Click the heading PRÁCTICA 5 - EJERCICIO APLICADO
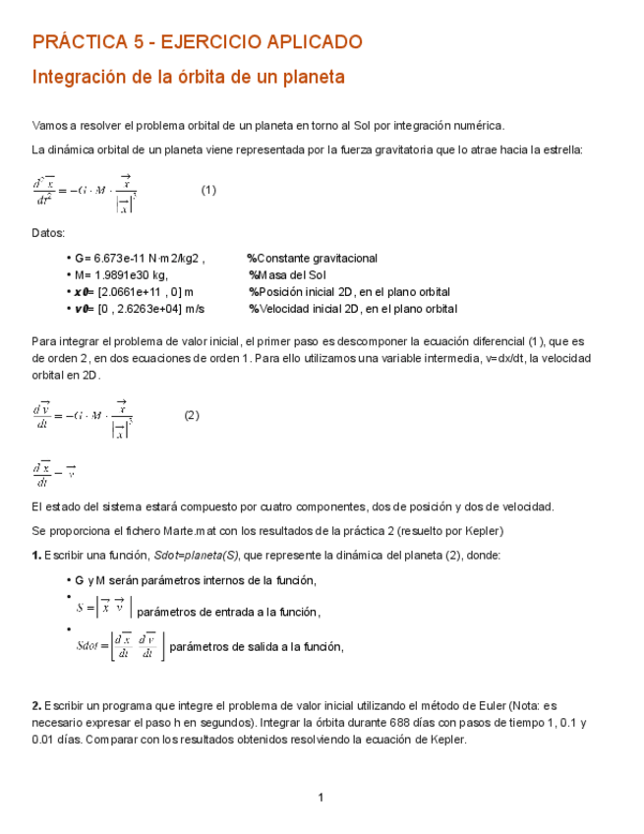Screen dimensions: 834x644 (198, 42)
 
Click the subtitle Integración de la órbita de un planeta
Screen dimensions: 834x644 (189, 77)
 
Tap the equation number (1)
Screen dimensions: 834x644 (208, 190)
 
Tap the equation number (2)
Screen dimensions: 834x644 (192, 415)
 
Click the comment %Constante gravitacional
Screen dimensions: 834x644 (312, 258)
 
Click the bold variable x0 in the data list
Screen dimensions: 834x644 (82, 292)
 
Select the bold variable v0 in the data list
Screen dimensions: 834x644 (82, 309)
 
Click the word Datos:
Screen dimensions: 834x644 (49, 233)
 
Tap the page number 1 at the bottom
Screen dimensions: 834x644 (321, 797)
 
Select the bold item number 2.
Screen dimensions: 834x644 (36, 705)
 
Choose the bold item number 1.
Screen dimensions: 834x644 (36, 555)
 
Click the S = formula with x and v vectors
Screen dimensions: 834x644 (102, 610)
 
